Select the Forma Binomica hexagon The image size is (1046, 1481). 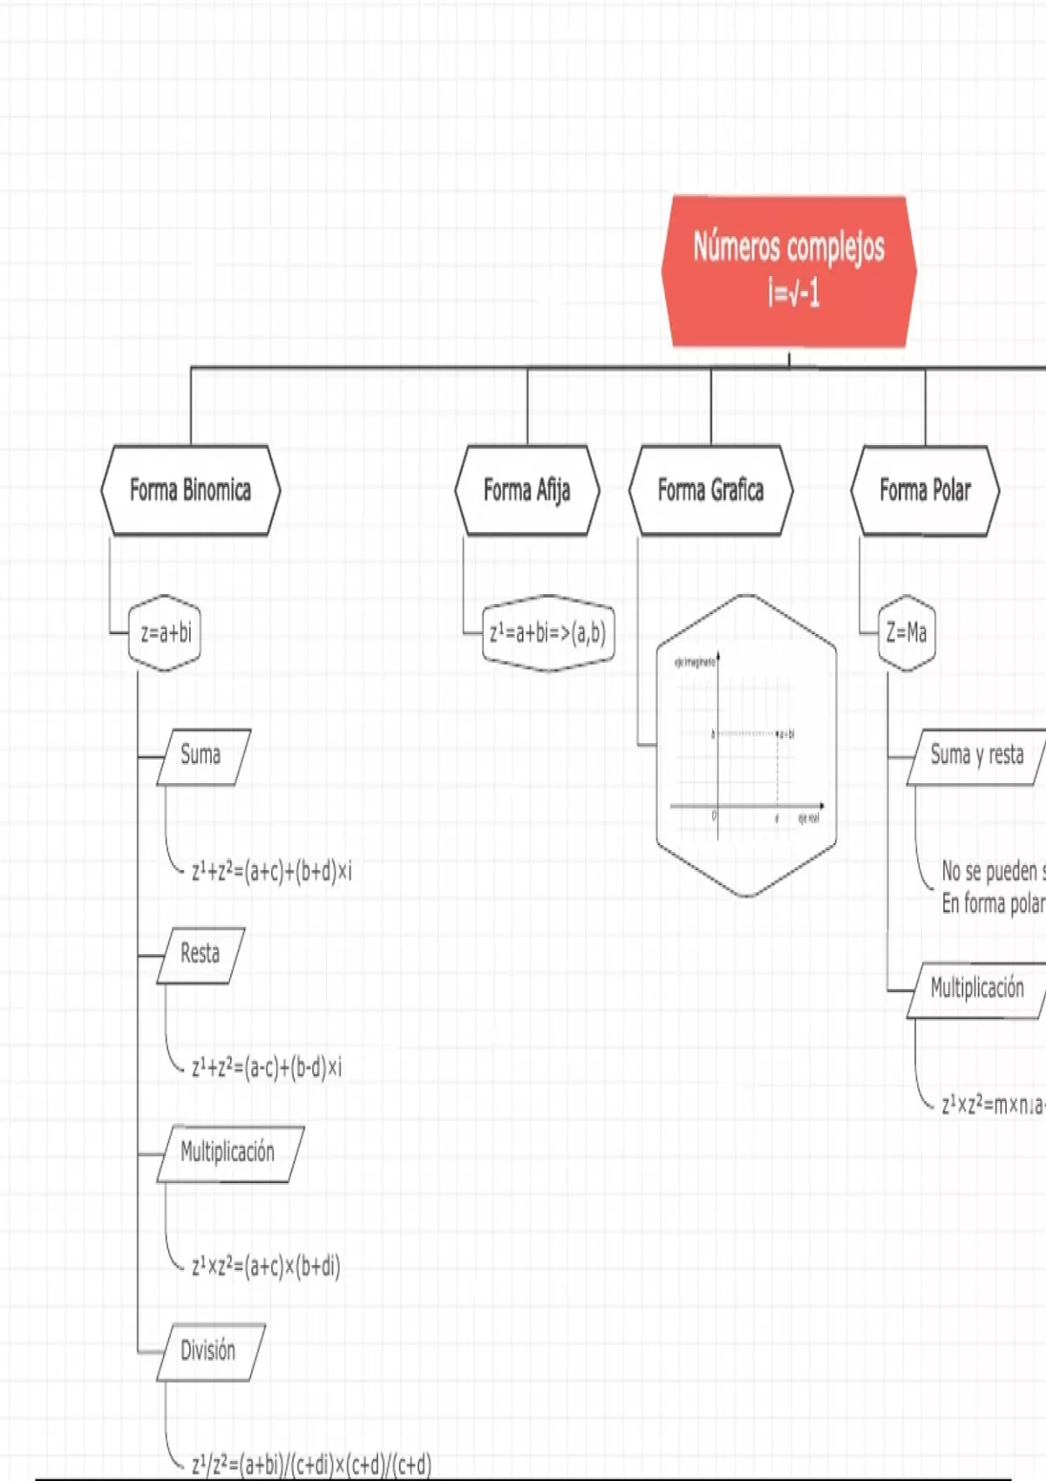[190, 490]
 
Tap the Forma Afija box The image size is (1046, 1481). [526, 490]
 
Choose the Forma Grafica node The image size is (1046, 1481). [710, 490]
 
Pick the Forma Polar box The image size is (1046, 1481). [925, 490]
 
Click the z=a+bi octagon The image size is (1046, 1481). [165, 633]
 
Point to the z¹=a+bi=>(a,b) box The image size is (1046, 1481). [547, 633]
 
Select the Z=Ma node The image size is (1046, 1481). [907, 633]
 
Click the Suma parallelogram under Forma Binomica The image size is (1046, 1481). [202, 756]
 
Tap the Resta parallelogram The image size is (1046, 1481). [200, 955]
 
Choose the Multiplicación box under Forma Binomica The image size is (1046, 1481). [228, 1153]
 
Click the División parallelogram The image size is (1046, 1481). [209, 1352]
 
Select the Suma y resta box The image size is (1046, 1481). [976, 756]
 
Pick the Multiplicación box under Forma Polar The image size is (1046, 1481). [976, 990]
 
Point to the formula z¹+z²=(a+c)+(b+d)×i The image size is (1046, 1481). [272, 871]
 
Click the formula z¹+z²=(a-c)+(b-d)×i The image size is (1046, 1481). [267, 1067]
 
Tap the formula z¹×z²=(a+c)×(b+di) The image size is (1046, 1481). [266, 1266]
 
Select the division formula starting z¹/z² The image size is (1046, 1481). [311, 1464]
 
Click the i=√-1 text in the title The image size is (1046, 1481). [793, 294]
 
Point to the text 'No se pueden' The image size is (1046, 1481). [990, 871]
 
